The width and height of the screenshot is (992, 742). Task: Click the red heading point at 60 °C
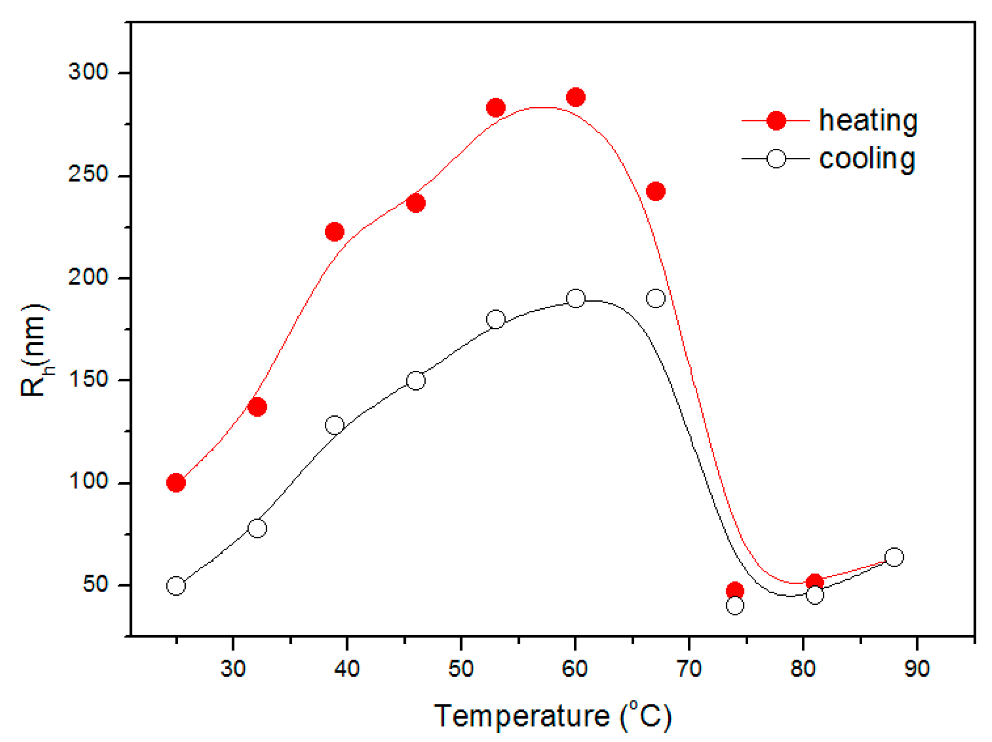(575, 97)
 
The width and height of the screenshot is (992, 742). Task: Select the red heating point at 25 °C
(176, 482)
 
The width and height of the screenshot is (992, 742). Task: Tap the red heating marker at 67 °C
(656, 191)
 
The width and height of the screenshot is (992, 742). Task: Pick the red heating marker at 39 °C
(334, 231)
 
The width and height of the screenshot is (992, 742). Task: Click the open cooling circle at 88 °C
(894, 557)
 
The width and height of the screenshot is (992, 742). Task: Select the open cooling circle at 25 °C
(176, 586)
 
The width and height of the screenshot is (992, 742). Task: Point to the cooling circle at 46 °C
(416, 380)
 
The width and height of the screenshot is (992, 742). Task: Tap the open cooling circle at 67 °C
(656, 298)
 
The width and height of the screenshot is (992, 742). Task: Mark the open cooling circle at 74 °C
(734, 605)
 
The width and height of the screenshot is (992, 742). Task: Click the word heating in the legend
(868, 121)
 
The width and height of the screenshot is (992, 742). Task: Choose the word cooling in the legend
(867, 158)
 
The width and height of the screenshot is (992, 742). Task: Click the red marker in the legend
(776, 121)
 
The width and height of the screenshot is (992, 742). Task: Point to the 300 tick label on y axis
(88, 71)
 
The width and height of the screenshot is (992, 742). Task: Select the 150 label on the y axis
(88, 380)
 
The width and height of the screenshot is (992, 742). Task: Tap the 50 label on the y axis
(95, 585)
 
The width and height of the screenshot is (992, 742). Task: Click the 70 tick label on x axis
(689, 669)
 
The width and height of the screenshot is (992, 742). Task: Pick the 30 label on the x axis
(233, 669)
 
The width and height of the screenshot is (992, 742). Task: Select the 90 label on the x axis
(917, 669)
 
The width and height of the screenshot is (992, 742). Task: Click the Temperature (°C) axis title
(553, 716)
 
